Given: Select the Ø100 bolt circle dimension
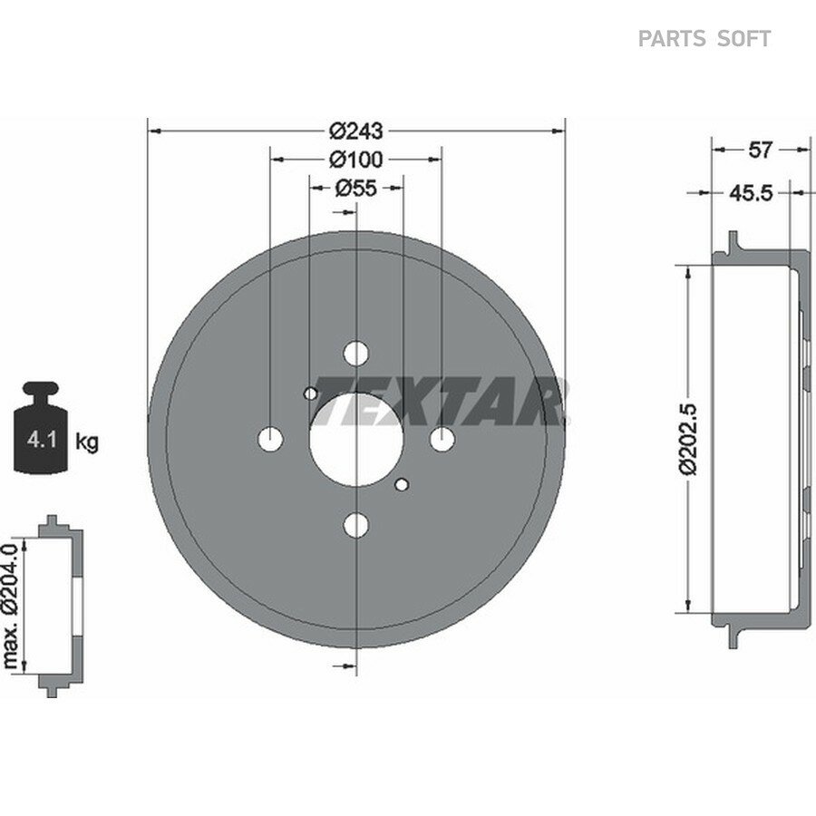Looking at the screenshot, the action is pos(356,160).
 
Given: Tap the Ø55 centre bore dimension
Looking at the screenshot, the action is pos(356,188).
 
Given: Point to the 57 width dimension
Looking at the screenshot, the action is pos(759,150).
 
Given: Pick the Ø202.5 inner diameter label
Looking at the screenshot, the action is pos(688,438).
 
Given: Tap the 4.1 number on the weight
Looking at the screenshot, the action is pos(42,441).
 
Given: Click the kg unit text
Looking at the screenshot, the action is pos(87,442).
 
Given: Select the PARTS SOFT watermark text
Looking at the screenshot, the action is pos(704,39).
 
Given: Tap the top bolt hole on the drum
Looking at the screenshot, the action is pos(356,354).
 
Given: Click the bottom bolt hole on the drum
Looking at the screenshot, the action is pos(356,525).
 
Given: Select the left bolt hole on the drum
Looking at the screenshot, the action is pos(270,439).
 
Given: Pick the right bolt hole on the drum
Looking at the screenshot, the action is pos(442,439).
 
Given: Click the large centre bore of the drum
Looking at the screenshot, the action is pos(356,440).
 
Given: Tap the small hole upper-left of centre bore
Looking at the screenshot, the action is pos(311,393).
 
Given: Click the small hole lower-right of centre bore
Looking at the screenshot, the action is pos(402,485).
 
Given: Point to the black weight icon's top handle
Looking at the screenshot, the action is pos(41,390).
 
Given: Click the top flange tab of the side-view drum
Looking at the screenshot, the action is pos(733,242).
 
